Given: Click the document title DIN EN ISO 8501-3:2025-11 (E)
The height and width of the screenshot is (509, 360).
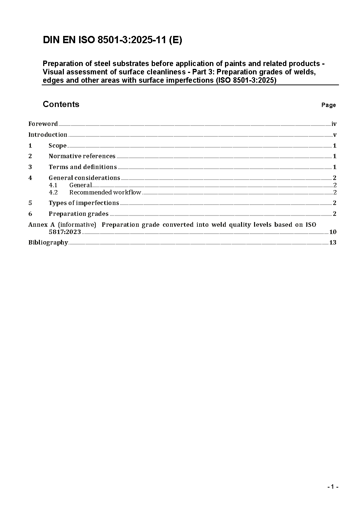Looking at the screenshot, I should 112,40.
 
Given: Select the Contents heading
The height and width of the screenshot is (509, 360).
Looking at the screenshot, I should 61,104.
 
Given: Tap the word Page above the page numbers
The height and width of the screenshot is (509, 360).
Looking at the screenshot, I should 328,105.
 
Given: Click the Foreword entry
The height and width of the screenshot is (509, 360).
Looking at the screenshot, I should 43,124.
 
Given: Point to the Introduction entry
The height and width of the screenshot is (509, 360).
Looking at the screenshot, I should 48,135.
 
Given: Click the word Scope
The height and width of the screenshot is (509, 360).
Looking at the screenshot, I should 58,146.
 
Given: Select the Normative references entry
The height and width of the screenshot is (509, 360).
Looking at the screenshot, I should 82,156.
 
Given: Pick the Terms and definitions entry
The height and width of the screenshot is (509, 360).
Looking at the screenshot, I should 83,167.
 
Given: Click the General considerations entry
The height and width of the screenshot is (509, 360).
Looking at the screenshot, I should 84,178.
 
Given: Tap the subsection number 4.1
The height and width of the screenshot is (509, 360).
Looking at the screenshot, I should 53,185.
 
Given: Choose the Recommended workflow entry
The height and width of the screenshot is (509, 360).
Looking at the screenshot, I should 105,193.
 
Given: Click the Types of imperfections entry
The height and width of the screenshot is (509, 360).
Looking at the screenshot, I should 84,203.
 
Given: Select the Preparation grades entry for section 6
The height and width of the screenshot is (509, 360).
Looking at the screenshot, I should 78,214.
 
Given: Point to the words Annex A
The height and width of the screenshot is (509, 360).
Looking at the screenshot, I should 41,225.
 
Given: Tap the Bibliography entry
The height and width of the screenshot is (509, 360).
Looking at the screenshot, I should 48,243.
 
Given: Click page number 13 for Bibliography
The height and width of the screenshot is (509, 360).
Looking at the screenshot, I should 333,243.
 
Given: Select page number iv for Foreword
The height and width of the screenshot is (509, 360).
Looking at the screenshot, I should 334,124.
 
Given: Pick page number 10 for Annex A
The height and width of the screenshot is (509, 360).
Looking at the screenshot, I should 333,232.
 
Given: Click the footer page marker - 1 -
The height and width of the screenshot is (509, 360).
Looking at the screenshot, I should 332,487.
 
